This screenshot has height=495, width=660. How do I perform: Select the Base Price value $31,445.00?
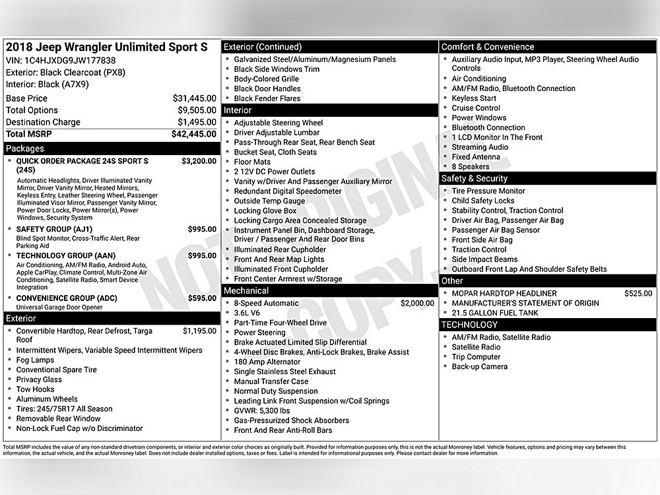(194, 98)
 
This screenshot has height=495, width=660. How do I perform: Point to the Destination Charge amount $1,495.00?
(197, 122)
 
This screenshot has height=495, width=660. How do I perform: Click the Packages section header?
(25, 148)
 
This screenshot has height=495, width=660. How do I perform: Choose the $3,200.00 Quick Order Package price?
(199, 161)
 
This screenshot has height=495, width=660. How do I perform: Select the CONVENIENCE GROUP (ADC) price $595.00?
(201, 298)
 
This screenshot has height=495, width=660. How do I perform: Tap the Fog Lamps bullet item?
(36, 360)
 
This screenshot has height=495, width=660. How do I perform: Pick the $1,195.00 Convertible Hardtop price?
(199, 331)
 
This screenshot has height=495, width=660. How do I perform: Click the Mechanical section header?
(246, 290)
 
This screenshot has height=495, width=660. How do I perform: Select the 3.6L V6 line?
(247, 313)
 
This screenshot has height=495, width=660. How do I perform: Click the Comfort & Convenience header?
(488, 47)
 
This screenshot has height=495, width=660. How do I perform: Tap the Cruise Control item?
(476, 108)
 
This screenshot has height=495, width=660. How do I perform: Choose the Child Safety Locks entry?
(483, 201)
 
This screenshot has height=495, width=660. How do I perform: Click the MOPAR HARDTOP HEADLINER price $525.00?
(638, 294)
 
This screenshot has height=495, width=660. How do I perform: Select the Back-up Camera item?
(480, 367)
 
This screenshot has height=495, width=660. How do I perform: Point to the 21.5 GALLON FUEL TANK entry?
(495, 313)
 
